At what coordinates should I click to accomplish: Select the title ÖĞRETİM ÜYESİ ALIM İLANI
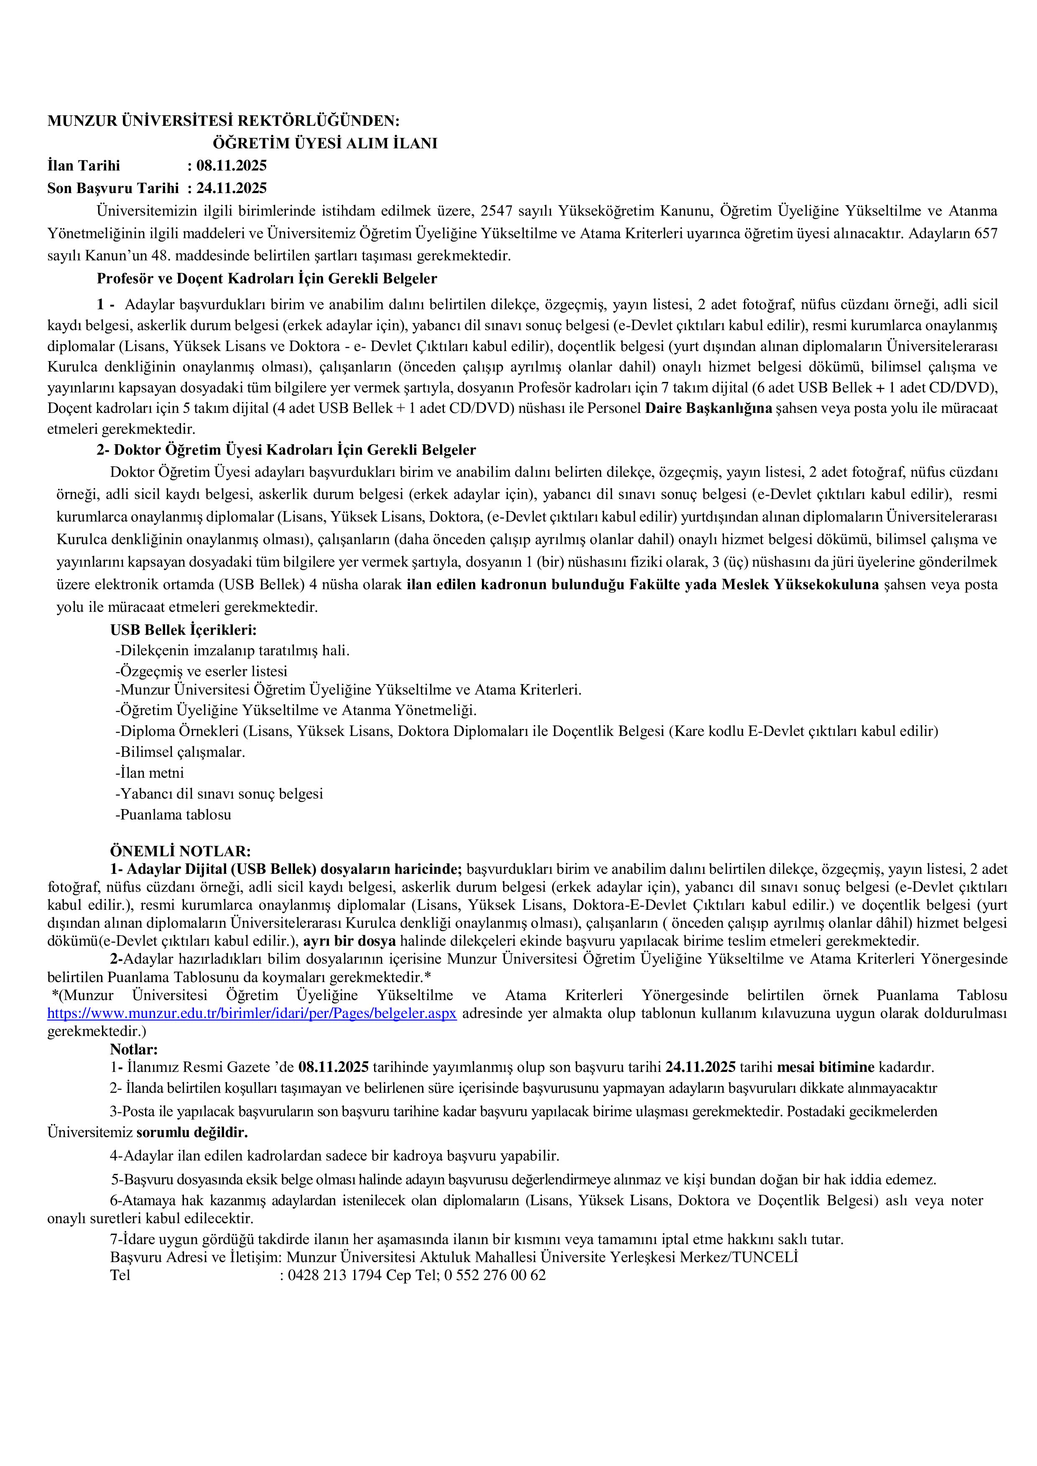pos(325,144)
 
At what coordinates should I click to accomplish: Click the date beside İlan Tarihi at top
pos(231,166)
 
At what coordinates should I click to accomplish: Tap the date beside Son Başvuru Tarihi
pos(231,188)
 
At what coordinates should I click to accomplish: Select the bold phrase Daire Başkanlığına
pos(709,408)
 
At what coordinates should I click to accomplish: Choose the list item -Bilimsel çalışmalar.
pos(180,752)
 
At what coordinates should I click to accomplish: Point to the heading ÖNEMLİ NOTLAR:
pos(180,852)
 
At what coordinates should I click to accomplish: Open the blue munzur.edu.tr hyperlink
pos(252,1013)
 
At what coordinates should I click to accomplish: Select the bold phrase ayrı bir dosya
pos(349,941)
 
